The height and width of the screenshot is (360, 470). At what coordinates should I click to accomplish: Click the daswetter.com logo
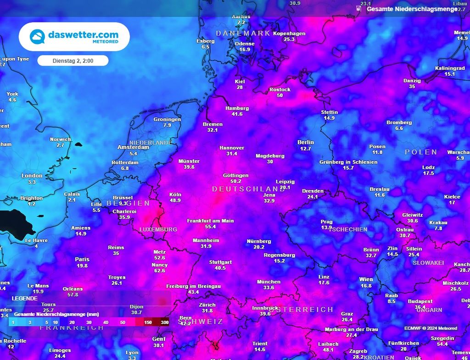point(74,37)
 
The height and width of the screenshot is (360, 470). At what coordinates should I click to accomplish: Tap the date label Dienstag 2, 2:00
point(73,61)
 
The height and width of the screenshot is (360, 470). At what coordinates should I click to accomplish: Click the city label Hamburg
point(237,108)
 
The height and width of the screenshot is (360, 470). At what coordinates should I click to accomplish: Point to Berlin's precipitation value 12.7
point(305,149)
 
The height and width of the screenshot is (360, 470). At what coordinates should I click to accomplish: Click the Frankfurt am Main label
point(210,221)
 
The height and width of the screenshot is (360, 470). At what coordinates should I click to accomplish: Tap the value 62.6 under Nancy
point(160,271)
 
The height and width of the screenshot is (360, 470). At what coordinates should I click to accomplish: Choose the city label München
point(269,282)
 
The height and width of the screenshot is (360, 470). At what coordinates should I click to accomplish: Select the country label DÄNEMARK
point(243,33)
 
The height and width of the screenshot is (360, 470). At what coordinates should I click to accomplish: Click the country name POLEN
point(421,152)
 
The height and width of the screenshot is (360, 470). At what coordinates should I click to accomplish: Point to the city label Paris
point(82,259)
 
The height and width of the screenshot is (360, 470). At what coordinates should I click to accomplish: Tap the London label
point(32,176)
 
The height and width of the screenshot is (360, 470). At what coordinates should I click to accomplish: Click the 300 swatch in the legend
point(164,322)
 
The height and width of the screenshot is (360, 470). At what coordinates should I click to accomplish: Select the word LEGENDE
point(25,298)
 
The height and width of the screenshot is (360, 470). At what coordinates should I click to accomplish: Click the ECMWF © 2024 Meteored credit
point(431,328)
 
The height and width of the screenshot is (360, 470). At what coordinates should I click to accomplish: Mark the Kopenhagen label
point(289,33)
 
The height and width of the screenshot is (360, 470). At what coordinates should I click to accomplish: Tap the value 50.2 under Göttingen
point(235,181)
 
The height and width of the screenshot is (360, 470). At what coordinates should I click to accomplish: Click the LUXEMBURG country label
point(158,229)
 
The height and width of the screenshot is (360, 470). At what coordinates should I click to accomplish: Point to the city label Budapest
point(420,301)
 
